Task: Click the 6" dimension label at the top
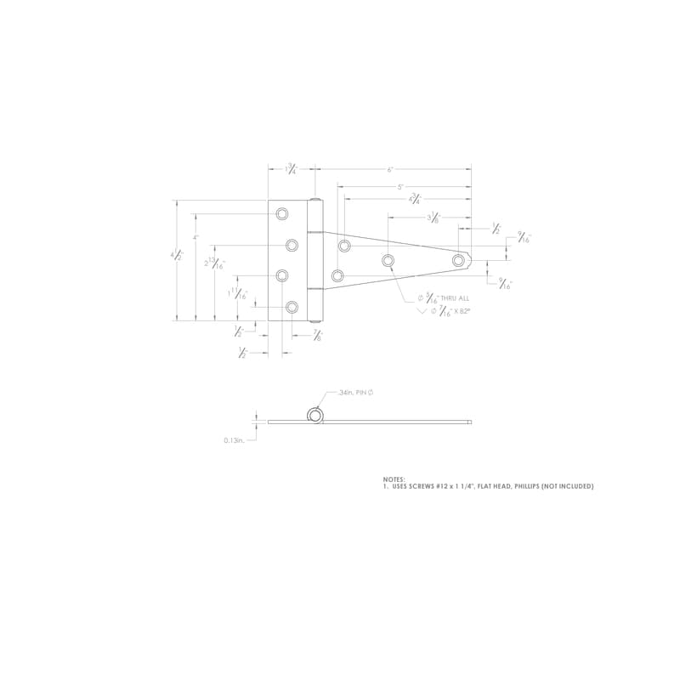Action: [390, 169]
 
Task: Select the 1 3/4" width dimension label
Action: [291, 169]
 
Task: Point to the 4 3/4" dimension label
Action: [415, 200]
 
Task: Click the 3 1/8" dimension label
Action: [433, 217]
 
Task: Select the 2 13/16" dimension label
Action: [215, 263]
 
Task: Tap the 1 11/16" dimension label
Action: [239, 294]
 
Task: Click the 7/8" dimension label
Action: [318, 335]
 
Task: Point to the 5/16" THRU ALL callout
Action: [444, 299]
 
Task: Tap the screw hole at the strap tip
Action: [459, 259]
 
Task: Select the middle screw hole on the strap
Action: [388, 260]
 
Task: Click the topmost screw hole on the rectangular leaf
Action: [282, 214]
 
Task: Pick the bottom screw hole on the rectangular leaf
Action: [292, 306]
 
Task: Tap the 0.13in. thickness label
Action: [234, 439]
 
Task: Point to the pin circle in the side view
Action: [315, 415]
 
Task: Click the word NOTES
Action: [394, 479]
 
